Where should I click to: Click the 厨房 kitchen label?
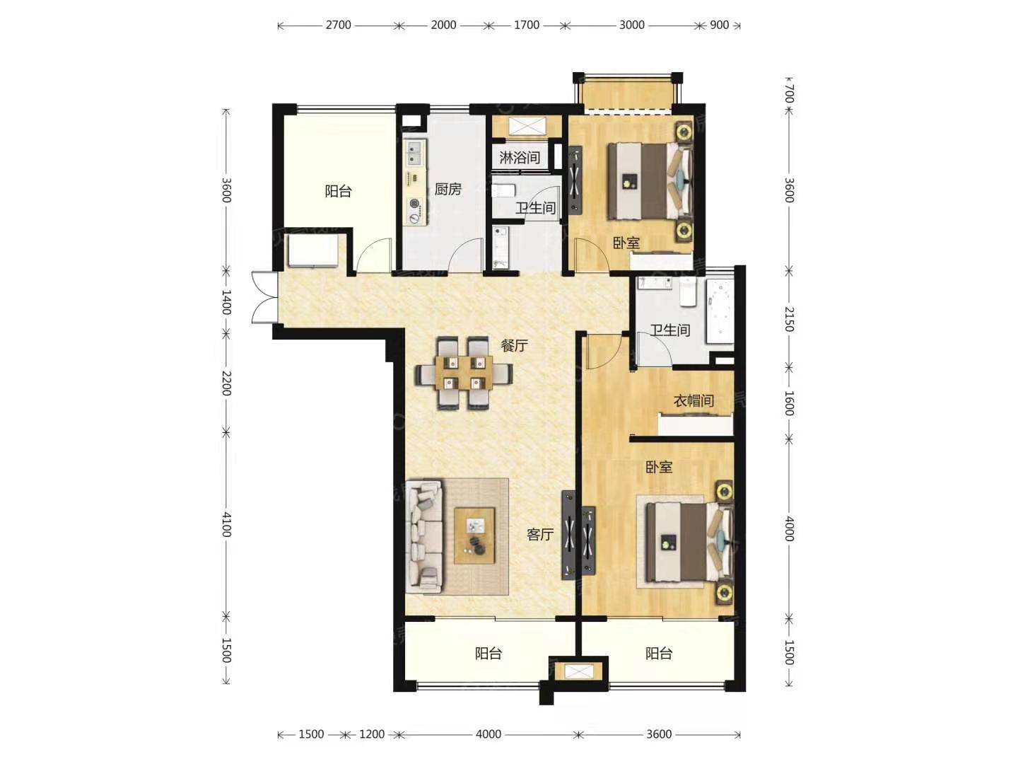pos(447,190)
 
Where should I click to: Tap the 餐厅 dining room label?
pos(514,345)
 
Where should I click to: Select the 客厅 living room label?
pos(540,535)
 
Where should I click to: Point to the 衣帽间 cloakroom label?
pos(693,401)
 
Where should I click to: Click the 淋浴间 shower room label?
pos(520,158)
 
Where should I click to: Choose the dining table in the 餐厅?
pos(464,373)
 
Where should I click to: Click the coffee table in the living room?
pos(474,536)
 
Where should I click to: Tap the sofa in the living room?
pos(424,537)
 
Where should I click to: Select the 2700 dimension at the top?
pos(338,25)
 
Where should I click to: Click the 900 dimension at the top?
pos(719,25)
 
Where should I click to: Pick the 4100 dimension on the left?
pos(226,524)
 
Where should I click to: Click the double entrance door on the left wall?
pos(264,297)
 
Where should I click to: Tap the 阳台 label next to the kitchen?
pos(338,191)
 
